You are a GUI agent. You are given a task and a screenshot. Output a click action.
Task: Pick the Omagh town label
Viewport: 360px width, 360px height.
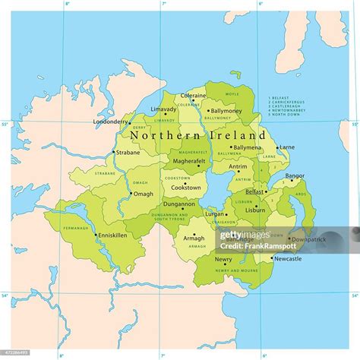(x=143, y=194)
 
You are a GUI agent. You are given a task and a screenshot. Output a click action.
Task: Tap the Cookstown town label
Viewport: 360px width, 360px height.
(x=186, y=187)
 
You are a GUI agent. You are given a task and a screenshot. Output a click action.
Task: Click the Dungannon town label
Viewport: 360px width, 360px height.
(x=179, y=204)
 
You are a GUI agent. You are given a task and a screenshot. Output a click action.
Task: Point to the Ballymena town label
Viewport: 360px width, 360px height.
(x=247, y=147)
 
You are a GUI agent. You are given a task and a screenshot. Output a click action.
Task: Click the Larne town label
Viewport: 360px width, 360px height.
(x=287, y=147)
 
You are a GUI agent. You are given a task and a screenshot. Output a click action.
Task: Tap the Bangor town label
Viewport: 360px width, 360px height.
(x=295, y=176)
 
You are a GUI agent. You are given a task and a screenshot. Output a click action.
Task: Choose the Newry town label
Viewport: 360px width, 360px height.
(x=202, y=258)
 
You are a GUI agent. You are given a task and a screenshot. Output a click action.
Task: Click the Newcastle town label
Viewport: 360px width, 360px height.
(x=287, y=258)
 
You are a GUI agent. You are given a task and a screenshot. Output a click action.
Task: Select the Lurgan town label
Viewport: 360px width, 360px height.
(x=213, y=215)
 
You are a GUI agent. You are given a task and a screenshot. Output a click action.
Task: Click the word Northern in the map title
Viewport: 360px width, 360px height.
(x=159, y=134)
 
